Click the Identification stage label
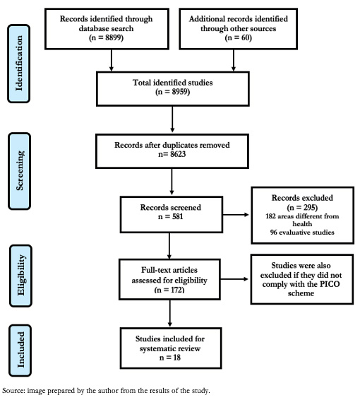point(19,64)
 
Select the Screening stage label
point(20,171)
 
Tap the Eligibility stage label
point(21,276)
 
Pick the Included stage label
point(20,351)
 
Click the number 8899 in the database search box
point(113,37)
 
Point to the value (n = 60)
point(238,37)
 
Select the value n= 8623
point(172,154)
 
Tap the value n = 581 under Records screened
point(170,216)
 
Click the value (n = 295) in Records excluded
point(302,207)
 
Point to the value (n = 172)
point(169,290)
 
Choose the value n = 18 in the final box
point(170,358)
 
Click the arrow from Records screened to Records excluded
point(236,215)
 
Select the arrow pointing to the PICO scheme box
point(234,279)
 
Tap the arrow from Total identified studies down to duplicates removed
point(172,119)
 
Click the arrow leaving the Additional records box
point(234,60)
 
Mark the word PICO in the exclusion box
point(330,284)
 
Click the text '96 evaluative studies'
point(302,233)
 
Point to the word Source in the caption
point(13,391)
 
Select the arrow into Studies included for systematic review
point(169,313)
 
